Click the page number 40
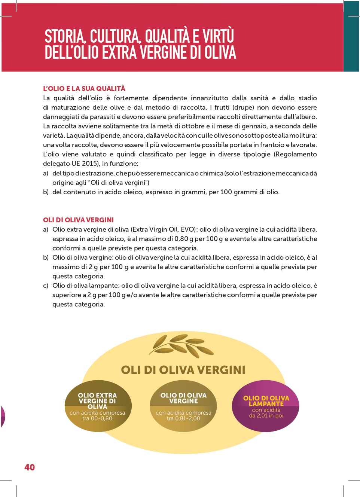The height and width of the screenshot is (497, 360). [x=30, y=467]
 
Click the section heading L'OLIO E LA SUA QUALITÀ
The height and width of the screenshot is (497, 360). [x=84, y=89]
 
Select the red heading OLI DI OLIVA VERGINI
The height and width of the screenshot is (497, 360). [x=78, y=220]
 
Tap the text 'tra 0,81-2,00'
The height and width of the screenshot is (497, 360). [x=183, y=418]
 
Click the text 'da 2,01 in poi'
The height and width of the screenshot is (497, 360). [x=266, y=415]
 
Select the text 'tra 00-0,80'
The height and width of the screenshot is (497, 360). [x=97, y=418]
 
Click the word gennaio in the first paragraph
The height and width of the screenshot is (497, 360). [x=253, y=126]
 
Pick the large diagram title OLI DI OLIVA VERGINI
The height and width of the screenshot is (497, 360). [x=183, y=370]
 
